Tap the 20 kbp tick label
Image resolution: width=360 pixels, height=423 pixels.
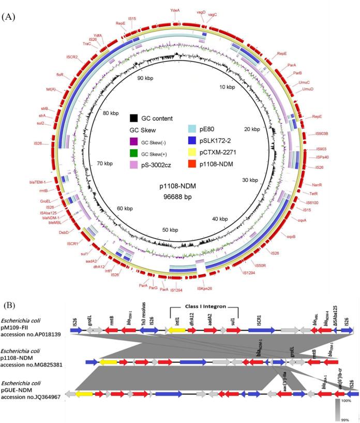[254, 128]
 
